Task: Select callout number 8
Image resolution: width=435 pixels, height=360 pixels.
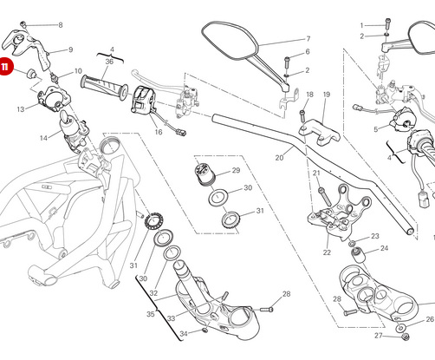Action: [61, 25]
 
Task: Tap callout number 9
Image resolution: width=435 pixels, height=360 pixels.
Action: [71, 49]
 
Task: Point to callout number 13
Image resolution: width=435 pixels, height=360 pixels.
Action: [20, 109]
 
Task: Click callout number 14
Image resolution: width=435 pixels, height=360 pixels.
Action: [44, 138]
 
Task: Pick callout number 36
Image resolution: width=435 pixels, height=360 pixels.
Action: [110, 62]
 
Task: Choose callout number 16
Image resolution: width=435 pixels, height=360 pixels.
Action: [159, 133]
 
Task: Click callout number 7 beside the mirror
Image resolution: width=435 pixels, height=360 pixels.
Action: [308, 39]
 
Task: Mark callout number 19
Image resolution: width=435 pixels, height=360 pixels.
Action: [327, 94]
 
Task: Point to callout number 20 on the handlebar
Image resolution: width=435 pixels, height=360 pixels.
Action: [279, 158]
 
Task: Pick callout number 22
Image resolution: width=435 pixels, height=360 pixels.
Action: [327, 252]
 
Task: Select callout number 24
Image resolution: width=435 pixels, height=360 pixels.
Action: [384, 248]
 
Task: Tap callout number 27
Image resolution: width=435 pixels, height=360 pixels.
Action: [378, 335]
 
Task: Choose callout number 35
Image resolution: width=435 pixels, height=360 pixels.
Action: [150, 313]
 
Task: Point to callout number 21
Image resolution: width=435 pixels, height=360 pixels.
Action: [318, 173]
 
